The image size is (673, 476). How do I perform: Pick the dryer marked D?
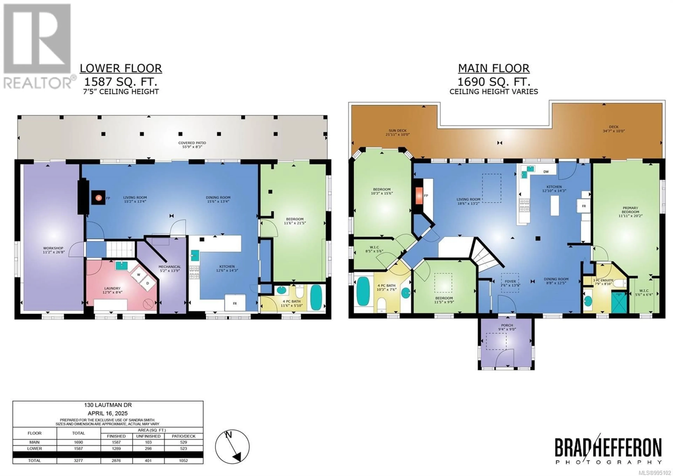147,283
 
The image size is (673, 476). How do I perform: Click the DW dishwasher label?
546,172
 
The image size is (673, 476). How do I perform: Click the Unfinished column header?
148,436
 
